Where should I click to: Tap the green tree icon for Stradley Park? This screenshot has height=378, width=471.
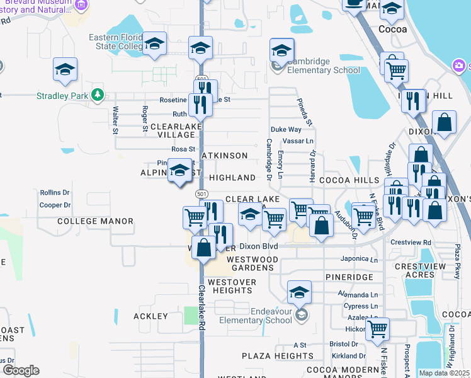point(97,95)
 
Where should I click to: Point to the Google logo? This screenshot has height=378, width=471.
point(20,370)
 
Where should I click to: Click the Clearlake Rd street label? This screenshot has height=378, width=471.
point(202,309)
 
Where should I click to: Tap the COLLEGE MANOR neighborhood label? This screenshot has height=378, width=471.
point(95,221)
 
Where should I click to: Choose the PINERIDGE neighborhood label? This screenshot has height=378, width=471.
point(349,277)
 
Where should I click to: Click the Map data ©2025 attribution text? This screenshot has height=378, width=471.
point(444,373)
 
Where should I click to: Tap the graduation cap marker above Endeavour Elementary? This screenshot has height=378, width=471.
point(299,292)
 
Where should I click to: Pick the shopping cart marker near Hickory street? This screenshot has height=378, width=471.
point(377,328)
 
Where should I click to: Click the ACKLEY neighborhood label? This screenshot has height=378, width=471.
point(151,316)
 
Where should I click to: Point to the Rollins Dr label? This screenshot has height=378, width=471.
point(55,192)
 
